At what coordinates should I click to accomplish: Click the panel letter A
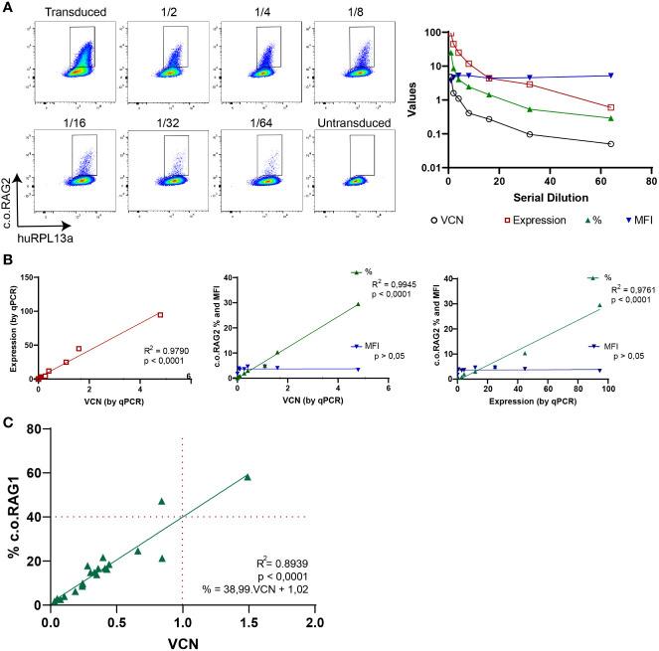(8, 7)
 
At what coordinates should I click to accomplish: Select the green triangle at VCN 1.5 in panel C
(247, 477)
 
